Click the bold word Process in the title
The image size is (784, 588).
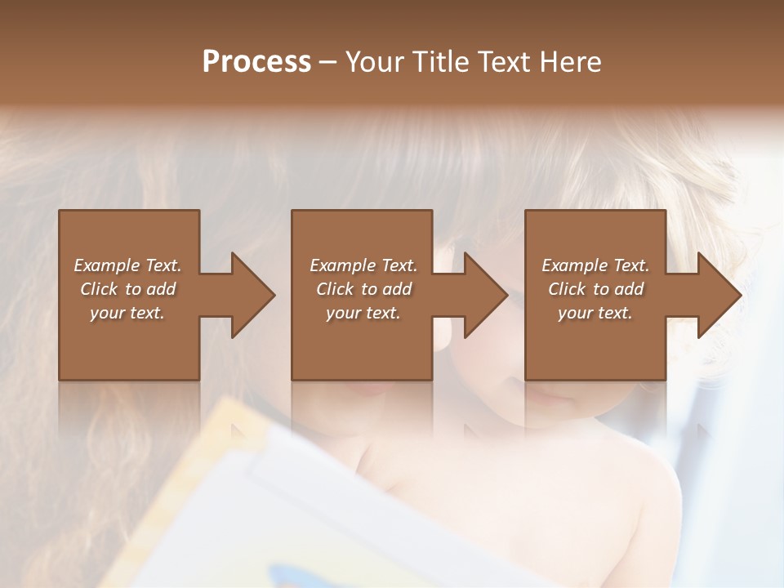pos(256,62)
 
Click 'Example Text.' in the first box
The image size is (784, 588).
pos(127,265)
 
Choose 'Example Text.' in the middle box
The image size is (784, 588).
pos(363,265)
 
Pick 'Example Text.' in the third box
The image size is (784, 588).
pos(595,265)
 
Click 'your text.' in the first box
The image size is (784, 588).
pos(127,313)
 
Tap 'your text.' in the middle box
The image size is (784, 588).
pos(363,313)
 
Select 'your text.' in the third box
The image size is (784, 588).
pos(595,313)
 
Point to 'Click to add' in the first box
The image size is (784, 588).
pos(127,289)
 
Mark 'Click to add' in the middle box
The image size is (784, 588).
pos(363,289)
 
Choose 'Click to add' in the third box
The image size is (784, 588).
pos(595,289)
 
